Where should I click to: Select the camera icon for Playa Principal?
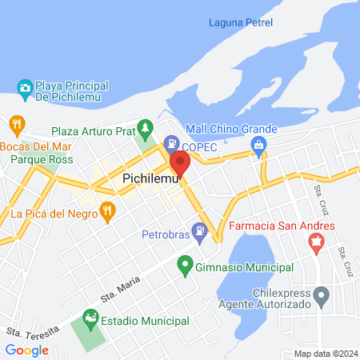[x=25, y=87]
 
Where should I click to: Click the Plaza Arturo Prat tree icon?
[x=144, y=127]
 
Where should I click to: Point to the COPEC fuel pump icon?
[x=170, y=142]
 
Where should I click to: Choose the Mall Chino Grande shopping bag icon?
[x=258, y=145]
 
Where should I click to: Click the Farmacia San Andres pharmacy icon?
[x=317, y=241]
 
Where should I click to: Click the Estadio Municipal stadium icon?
[x=92, y=321]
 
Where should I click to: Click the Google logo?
[x=27, y=350]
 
